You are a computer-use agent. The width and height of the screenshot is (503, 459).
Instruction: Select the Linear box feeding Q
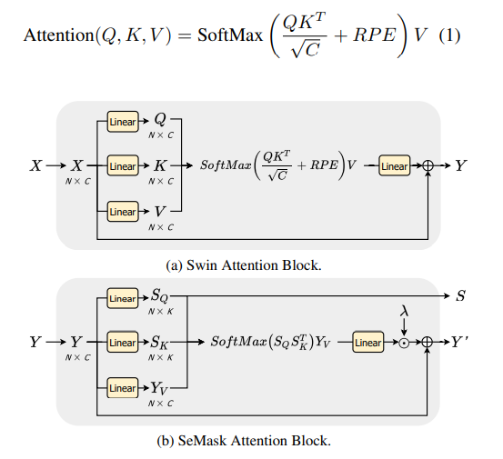[122, 122]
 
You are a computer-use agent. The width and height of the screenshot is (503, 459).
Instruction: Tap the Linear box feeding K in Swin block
[122, 166]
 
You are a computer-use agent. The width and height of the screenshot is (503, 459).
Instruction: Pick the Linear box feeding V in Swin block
[122, 212]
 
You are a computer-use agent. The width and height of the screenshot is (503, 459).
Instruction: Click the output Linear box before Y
[394, 166]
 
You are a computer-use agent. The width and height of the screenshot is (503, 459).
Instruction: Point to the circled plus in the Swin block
[428, 166]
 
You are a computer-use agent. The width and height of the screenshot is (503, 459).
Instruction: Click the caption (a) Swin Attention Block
[246, 265]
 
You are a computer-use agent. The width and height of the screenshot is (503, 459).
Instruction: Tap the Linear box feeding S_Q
[122, 298]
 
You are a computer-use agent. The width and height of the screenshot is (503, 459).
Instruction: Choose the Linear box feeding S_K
[122, 343]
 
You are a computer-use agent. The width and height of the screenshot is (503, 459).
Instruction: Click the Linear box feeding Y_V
[122, 388]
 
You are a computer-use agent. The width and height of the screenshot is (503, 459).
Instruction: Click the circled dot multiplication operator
[403, 343]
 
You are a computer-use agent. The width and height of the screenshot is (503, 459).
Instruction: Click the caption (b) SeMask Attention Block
[246, 442]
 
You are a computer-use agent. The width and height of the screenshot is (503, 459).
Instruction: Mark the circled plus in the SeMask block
[428, 343]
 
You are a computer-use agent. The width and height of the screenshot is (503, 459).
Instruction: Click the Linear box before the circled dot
[367, 343]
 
